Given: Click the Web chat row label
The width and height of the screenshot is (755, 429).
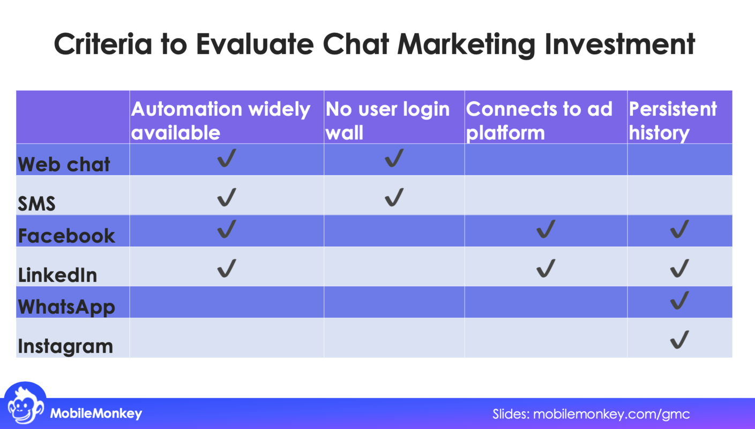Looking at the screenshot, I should (x=64, y=164).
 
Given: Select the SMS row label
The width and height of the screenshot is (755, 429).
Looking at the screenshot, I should (x=36, y=204).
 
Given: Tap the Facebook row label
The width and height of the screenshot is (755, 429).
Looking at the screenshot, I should (x=66, y=235).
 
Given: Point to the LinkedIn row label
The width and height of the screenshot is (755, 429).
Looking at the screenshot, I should (x=57, y=275).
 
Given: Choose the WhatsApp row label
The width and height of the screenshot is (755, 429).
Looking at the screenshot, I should (x=66, y=307).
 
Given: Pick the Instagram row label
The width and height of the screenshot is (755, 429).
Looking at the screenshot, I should (x=65, y=346).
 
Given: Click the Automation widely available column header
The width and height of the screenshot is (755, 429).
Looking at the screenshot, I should (x=221, y=120).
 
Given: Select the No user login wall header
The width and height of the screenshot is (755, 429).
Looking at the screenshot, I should (x=387, y=120).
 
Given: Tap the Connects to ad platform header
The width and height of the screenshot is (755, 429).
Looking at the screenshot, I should (x=539, y=120).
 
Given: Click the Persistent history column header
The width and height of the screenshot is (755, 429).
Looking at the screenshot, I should (x=672, y=120).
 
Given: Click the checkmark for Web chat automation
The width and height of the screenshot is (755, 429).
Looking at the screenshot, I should (x=227, y=158).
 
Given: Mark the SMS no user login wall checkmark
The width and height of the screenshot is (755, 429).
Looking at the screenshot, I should (x=394, y=197).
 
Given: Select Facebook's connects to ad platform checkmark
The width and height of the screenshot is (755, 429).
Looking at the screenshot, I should (x=545, y=230).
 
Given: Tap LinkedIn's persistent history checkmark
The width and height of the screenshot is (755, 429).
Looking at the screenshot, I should (x=679, y=268).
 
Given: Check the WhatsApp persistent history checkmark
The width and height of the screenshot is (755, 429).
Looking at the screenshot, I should (x=679, y=301).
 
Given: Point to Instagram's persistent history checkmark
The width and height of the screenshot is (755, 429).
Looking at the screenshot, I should (x=679, y=340).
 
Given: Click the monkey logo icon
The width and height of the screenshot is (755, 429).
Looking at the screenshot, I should (x=25, y=405).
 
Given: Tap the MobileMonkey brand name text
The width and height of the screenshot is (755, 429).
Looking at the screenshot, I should (x=96, y=413).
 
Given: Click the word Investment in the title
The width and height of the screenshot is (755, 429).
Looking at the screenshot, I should (x=619, y=44).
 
